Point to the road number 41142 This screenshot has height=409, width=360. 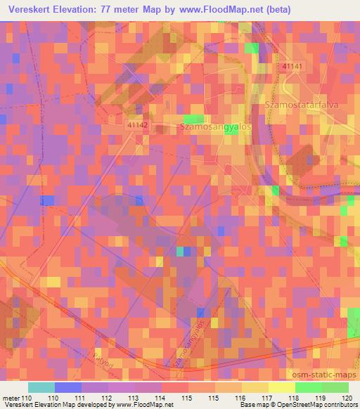coord(139,124)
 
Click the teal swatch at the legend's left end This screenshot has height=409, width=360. coord(41,387)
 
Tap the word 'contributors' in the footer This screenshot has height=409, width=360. coord(335,405)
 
